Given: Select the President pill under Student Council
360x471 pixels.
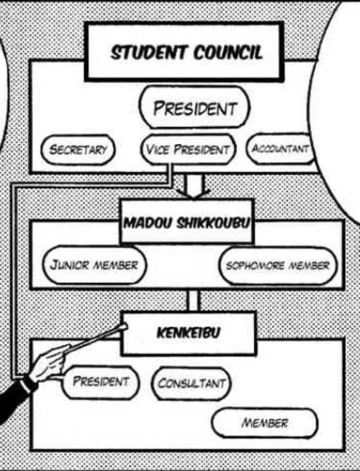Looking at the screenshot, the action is tap(194, 108).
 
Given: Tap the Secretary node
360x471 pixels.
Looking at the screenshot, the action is tap(77, 149).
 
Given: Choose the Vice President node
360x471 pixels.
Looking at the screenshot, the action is tap(187, 149).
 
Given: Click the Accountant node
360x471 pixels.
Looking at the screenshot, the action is tap(280, 148).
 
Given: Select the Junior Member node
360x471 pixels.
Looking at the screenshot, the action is tap(93, 264).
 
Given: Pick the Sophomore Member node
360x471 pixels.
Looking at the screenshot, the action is tap(277, 265).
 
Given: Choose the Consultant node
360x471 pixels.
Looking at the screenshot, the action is tap(192, 383).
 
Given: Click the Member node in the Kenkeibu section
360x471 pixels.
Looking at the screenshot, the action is tap(264, 423).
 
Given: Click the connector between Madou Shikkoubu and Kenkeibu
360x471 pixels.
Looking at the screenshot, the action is tap(193, 300).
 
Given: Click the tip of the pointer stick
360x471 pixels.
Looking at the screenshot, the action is tap(122, 328).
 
